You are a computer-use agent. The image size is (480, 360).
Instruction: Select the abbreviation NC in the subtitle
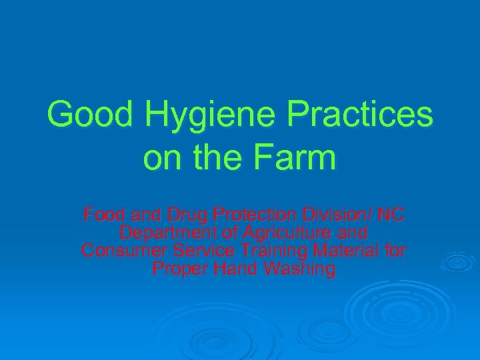coord(392,215)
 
